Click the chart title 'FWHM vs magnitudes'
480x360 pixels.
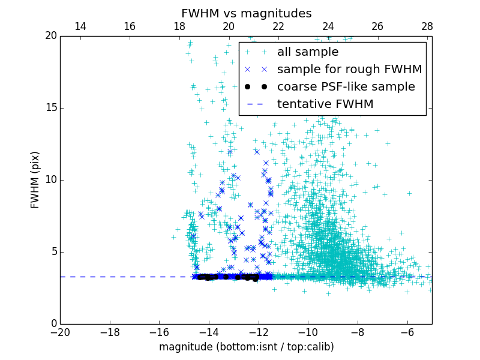(246, 13)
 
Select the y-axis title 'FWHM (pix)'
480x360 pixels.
(35, 180)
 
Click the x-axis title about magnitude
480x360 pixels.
(246, 347)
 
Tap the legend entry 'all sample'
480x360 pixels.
(307, 52)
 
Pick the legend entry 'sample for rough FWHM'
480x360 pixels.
(349, 70)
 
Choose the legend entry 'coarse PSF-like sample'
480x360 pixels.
(346, 87)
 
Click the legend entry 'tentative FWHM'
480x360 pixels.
(325, 104)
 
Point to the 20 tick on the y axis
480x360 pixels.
(50, 36)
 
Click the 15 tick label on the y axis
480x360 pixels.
(50, 108)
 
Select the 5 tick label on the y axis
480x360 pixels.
(53, 252)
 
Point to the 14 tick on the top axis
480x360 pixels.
(80, 26)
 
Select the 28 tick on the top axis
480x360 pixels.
(427, 26)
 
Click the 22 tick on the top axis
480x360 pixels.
(278, 26)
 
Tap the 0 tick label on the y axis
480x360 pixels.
(53, 324)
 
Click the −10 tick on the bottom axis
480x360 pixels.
(308, 332)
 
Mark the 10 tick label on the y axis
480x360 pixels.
(50, 180)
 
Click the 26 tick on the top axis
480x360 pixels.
(377, 26)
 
